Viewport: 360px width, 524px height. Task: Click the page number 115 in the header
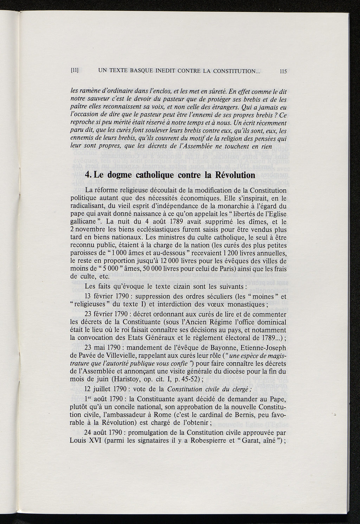283,71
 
